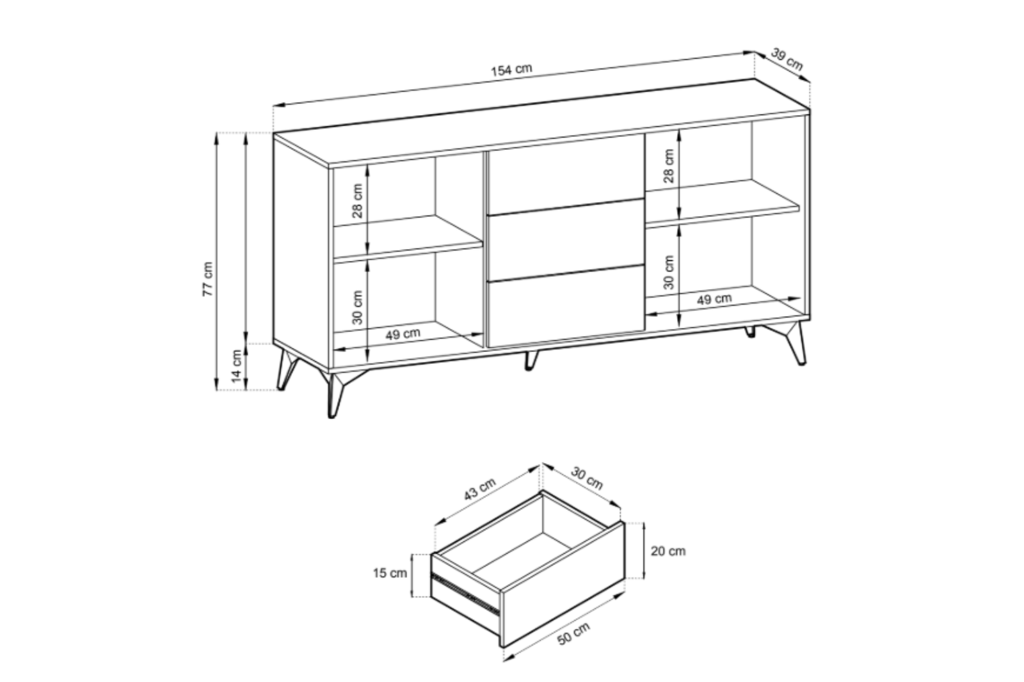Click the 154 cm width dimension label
coord(511,70)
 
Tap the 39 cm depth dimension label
coord(787,59)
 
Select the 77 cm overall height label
coord(207,280)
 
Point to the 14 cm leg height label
coord(236,366)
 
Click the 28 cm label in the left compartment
coord(358,201)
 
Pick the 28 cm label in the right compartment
coord(668,166)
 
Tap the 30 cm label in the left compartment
coord(358,307)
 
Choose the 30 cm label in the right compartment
coord(668,273)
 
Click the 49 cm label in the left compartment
coord(403,334)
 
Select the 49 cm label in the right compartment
coord(714,299)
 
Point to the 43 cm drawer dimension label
coord(479,489)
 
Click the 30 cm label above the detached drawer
coord(587,479)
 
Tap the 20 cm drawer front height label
coord(668,551)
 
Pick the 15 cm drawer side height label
coord(390,573)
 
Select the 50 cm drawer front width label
coord(573,634)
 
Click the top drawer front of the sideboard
coord(566,174)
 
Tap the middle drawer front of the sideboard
coord(566,240)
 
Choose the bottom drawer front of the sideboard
coord(566,306)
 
